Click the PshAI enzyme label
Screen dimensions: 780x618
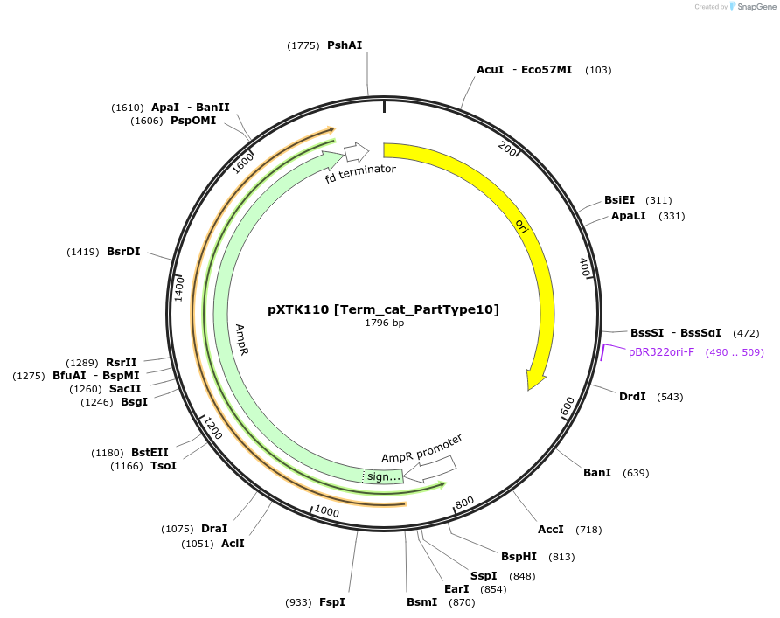(x=345, y=45)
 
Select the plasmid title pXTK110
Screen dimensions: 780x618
(x=383, y=309)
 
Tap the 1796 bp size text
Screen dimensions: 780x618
(x=384, y=323)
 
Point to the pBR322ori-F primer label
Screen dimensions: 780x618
(x=661, y=352)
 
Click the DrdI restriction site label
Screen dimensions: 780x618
(x=632, y=397)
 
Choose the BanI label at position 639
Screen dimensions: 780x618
(x=597, y=473)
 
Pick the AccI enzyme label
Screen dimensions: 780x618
(x=551, y=530)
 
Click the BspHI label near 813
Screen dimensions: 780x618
(x=519, y=557)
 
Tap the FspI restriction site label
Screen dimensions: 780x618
(x=331, y=602)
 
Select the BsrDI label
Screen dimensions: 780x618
(x=123, y=252)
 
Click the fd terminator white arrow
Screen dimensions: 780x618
(x=356, y=153)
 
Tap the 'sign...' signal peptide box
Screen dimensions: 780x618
(x=383, y=476)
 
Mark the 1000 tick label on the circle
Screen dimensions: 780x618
(x=327, y=510)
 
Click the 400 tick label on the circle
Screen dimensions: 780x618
(x=584, y=267)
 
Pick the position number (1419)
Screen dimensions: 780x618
(x=83, y=252)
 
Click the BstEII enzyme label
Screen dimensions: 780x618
(x=150, y=453)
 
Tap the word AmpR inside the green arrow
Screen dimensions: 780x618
(x=242, y=339)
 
